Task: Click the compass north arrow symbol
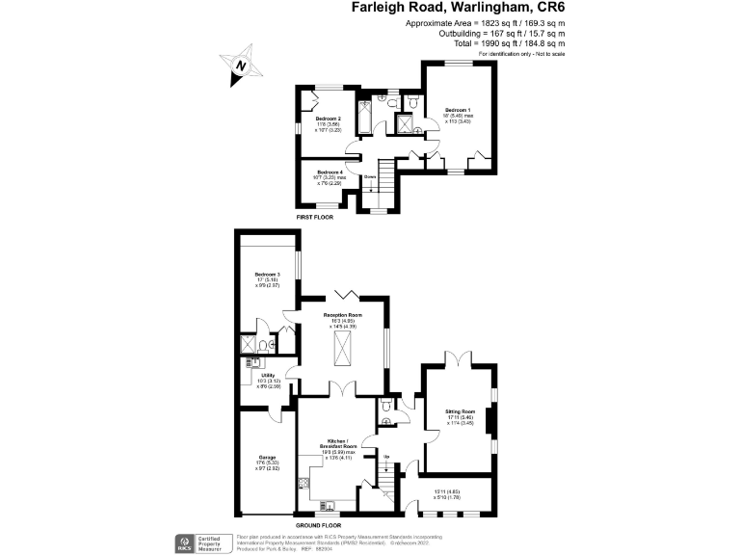242,66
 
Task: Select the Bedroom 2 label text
329,119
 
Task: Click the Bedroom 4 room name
330,172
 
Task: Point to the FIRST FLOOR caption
316,219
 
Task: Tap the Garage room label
267,457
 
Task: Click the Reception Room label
342,315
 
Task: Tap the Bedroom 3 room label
266,274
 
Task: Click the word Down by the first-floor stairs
369,176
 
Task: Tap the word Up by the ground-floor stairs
386,457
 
